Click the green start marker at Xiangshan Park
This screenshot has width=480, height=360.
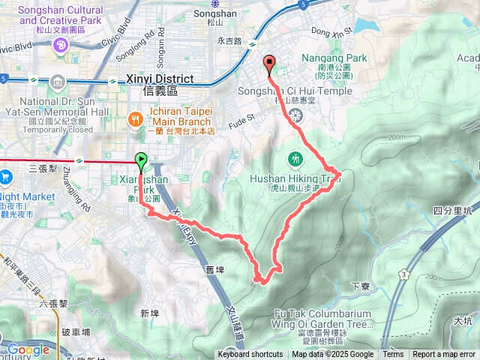coord(140,159)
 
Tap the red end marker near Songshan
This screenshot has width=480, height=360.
coord(269,63)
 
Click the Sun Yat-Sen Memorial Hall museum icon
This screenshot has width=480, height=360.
coord(58,82)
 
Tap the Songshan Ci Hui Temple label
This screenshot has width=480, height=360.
coord(304,91)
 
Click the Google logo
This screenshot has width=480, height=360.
coord(28,349)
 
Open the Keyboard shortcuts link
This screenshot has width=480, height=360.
coord(250,355)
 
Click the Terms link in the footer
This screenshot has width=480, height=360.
coord(393,355)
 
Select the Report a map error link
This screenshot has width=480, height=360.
coord(444,355)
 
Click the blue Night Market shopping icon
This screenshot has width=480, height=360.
coord(7,177)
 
